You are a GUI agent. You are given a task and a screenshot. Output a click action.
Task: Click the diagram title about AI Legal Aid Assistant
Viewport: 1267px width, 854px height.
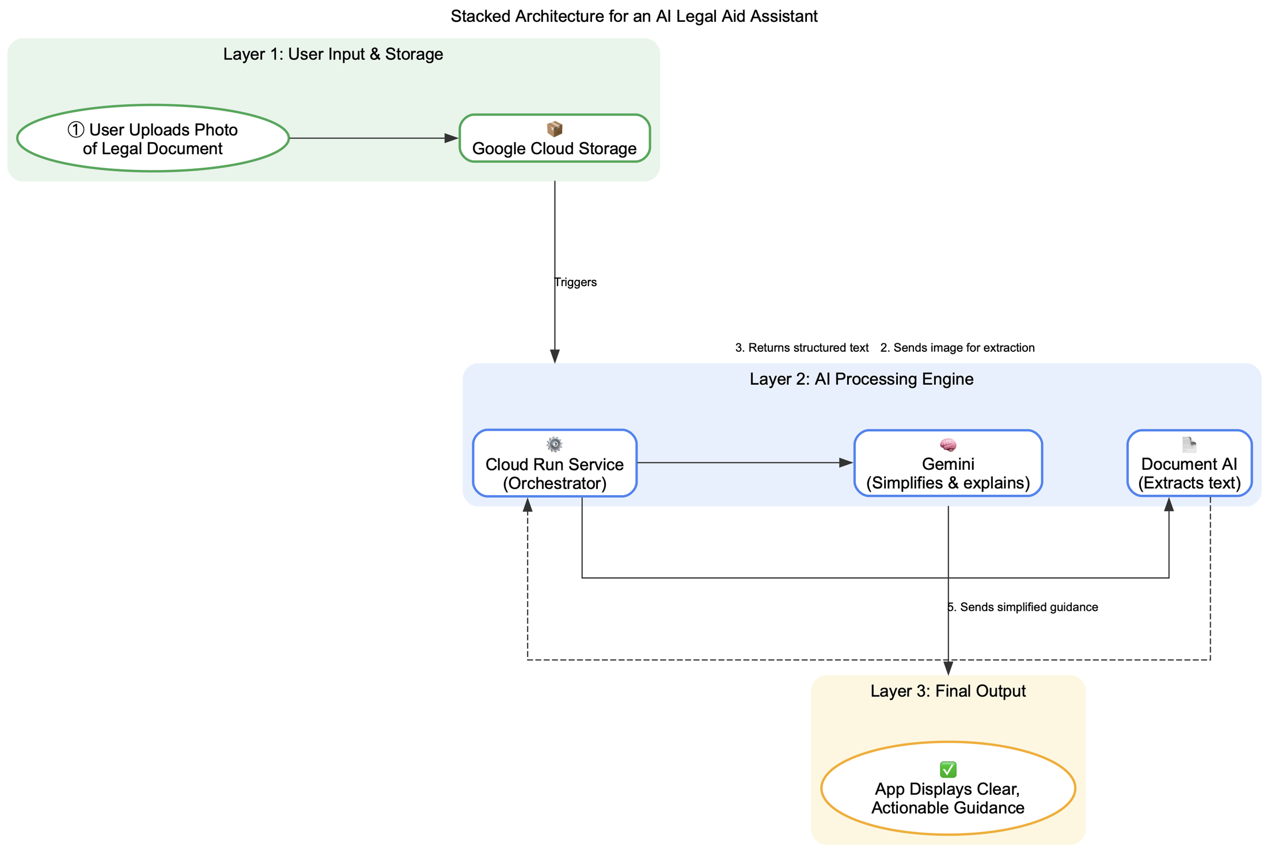[633, 17]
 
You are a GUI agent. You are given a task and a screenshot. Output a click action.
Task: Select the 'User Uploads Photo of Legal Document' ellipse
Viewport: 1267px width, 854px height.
[153, 139]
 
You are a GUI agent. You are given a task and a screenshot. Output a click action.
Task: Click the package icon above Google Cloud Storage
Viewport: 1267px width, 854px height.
[554, 129]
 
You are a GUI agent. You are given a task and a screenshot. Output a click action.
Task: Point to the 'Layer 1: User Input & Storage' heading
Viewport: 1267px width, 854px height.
[333, 55]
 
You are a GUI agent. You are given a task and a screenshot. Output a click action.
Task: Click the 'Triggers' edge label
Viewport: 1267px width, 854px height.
[575, 282]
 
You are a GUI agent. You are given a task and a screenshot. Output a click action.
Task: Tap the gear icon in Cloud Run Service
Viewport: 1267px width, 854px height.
[554, 445]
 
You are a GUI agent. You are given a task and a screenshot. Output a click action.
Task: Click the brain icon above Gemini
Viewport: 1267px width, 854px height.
[948, 445]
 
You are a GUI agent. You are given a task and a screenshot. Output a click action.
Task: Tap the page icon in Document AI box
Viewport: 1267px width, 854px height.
[1189, 445]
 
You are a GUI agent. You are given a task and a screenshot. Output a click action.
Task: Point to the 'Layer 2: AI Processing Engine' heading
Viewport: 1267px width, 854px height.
[862, 379]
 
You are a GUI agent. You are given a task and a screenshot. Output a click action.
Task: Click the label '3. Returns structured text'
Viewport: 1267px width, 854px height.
[802, 348]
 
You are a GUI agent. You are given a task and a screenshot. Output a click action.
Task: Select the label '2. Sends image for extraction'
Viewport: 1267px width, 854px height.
[957, 348]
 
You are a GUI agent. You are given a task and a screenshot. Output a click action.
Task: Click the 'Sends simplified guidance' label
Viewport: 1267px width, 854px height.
[1023, 607]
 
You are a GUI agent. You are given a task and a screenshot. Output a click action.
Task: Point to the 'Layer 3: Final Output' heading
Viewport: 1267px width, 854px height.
[948, 691]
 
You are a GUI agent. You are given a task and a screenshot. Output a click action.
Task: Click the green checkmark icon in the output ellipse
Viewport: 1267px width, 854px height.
[948, 769]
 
